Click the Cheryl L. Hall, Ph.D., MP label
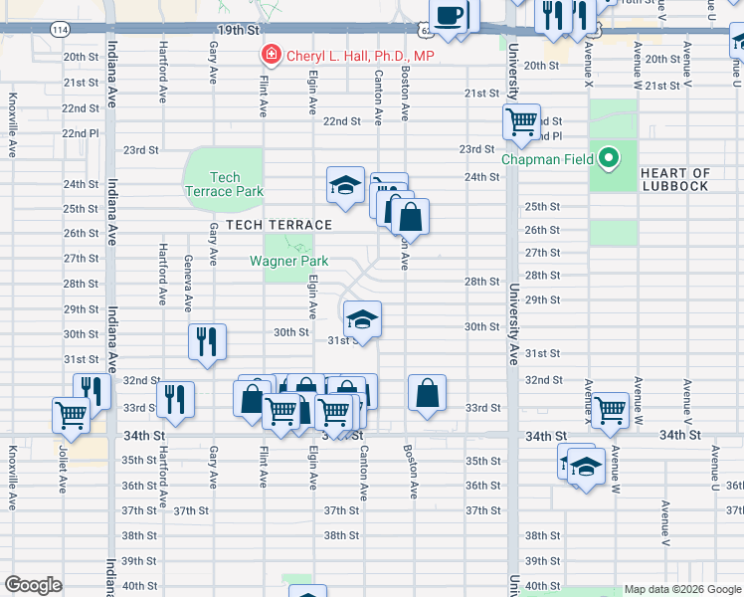tap(360, 56)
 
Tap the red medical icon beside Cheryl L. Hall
tap(269, 55)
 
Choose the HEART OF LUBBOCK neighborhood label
tap(675, 180)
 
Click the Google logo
tap(33, 585)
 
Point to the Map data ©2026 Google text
tap(682, 589)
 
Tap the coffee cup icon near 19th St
tap(450, 16)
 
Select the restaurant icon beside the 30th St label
tap(208, 341)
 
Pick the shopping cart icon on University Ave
tap(521, 122)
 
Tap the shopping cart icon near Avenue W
tap(609, 408)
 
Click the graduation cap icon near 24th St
tap(345, 185)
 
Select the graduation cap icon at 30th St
tap(363, 319)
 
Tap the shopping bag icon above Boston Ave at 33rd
tap(427, 392)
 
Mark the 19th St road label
tap(239, 31)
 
